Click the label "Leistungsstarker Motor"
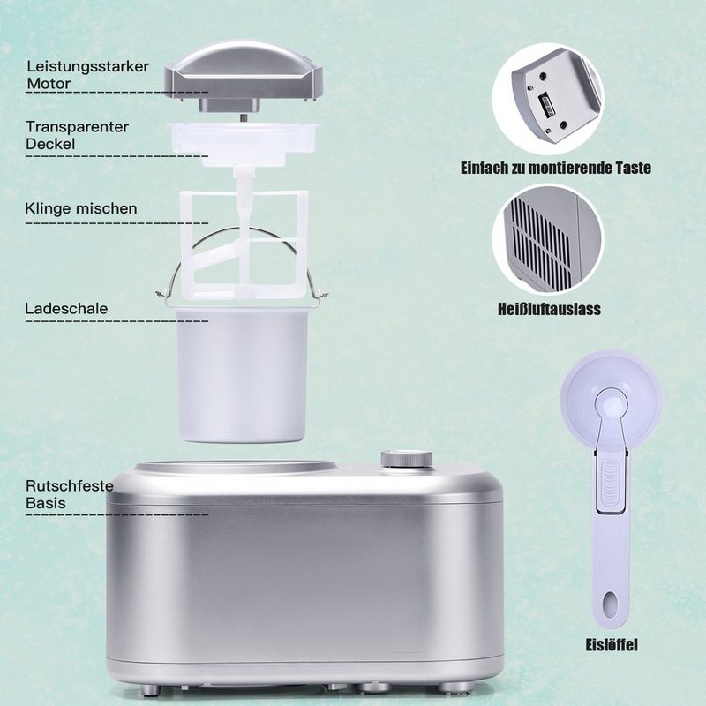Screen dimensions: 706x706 tap(87, 75)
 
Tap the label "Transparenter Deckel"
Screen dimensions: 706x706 tap(77, 135)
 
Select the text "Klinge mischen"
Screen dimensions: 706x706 tap(81, 208)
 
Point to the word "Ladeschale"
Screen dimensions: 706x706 tap(67, 308)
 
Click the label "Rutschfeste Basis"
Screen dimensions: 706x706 tap(70, 494)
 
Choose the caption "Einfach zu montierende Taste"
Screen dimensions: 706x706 tap(556, 168)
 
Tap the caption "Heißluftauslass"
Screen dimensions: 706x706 tap(549, 309)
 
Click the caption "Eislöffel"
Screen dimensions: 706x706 tap(612, 644)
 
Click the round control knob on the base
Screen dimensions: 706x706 tap(407, 459)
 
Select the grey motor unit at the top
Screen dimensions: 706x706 tap(244, 77)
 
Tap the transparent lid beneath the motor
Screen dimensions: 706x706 tap(244, 144)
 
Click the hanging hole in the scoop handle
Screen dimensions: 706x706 tap(610, 604)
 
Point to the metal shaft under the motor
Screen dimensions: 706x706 tap(244, 117)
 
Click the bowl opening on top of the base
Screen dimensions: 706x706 tap(237, 467)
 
